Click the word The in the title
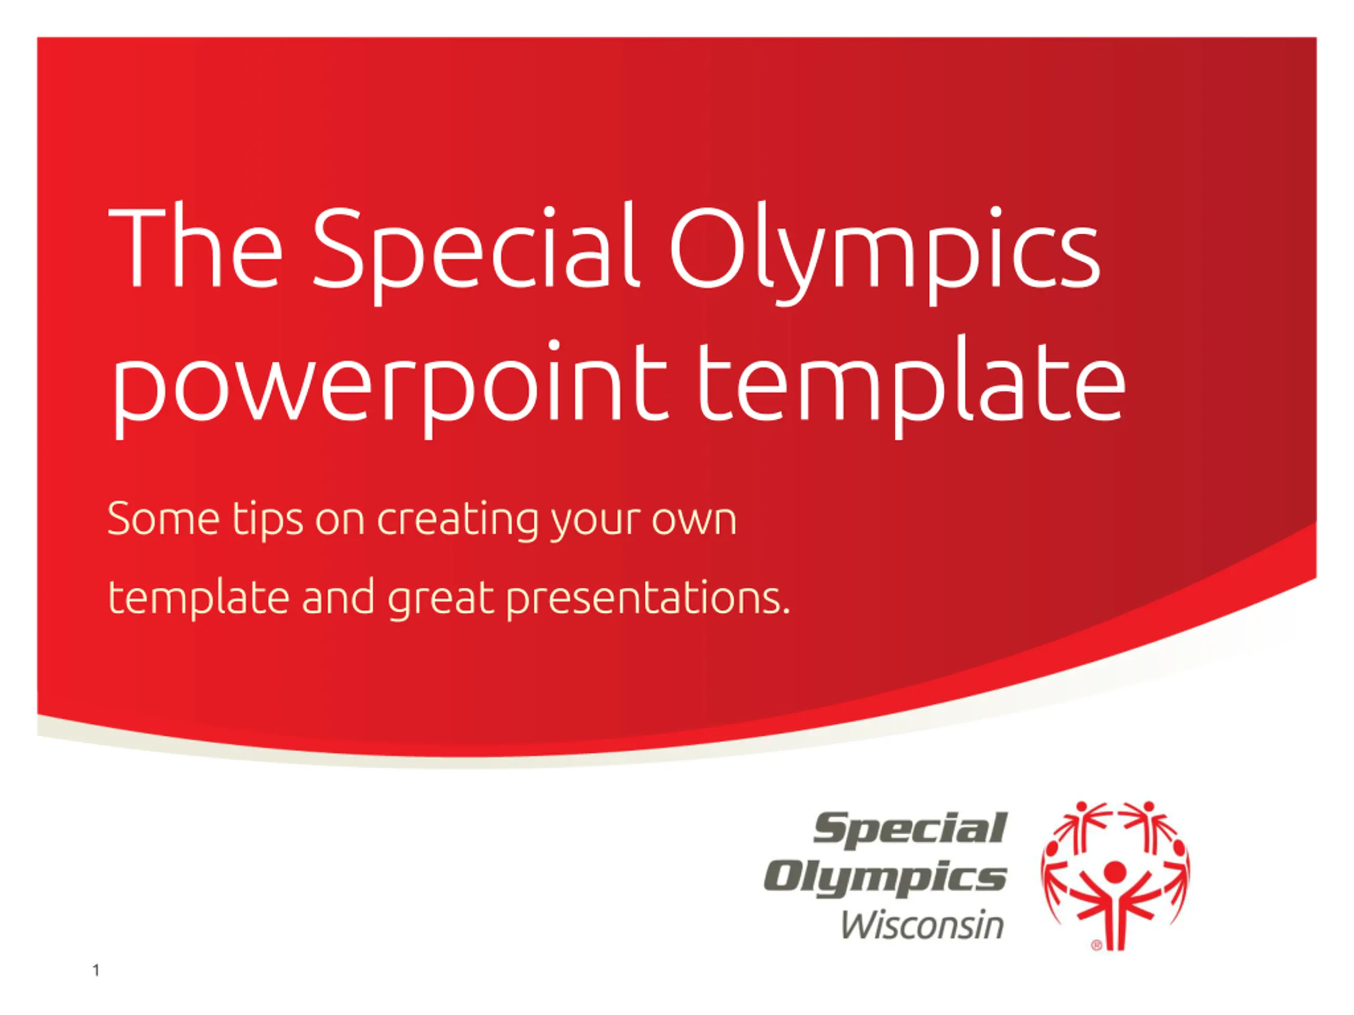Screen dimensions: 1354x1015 [195, 248]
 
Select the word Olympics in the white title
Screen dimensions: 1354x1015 [885, 254]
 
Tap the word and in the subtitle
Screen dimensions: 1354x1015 [338, 596]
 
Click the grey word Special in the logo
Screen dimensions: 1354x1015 [910, 829]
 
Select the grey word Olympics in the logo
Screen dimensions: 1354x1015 [885, 879]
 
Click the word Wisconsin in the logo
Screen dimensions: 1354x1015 [922, 925]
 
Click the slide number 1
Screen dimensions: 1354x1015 [96, 971]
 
